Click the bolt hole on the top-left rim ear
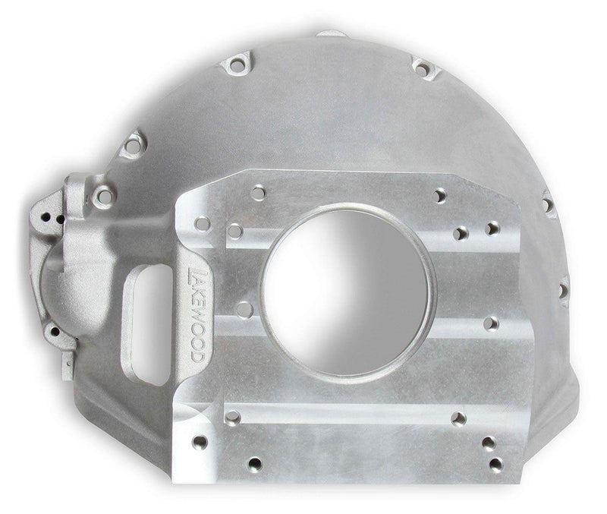(237, 65)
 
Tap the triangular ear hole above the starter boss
(134, 143)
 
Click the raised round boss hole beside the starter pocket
(104, 197)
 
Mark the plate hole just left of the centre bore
(244, 309)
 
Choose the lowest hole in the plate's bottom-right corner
(495, 462)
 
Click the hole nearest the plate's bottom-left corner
(200, 442)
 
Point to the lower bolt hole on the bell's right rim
(564, 290)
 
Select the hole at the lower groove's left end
(232, 417)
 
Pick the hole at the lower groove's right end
(458, 418)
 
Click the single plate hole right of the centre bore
(490, 323)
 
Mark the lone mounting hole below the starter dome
(53, 331)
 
